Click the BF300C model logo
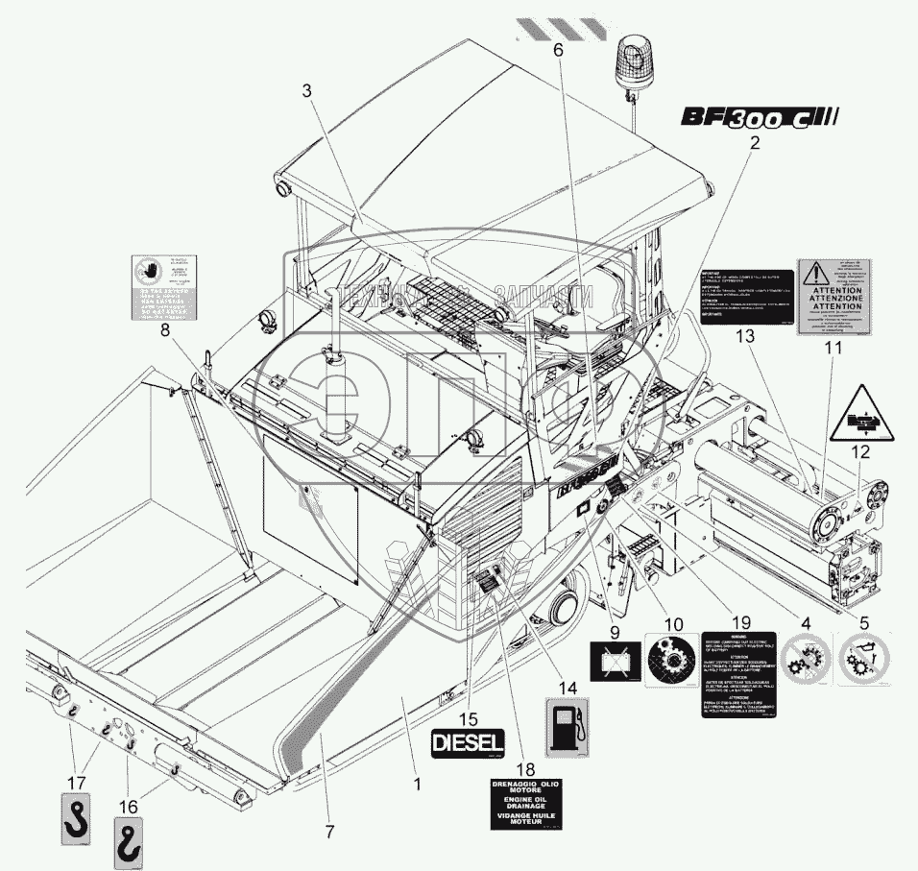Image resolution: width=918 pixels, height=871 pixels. point(760,118)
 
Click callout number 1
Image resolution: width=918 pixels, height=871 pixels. point(417,784)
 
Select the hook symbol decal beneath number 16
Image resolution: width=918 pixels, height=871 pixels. point(130,840)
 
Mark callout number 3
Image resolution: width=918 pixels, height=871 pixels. point(306,91)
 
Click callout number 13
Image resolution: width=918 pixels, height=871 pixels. point(742,335)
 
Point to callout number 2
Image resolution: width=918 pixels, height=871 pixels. point(756,144)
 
